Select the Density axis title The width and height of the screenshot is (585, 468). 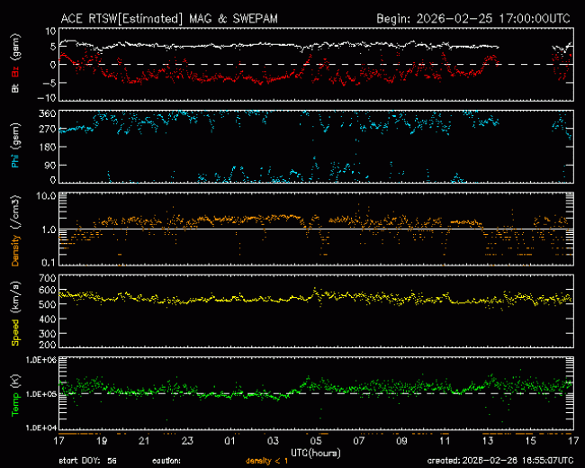[x=16, y=244]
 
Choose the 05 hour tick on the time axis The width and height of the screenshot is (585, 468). [x=316, y=441]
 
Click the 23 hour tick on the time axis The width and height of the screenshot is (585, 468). [x=187, y=441]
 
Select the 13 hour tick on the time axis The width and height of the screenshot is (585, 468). [x=488, y=441]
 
